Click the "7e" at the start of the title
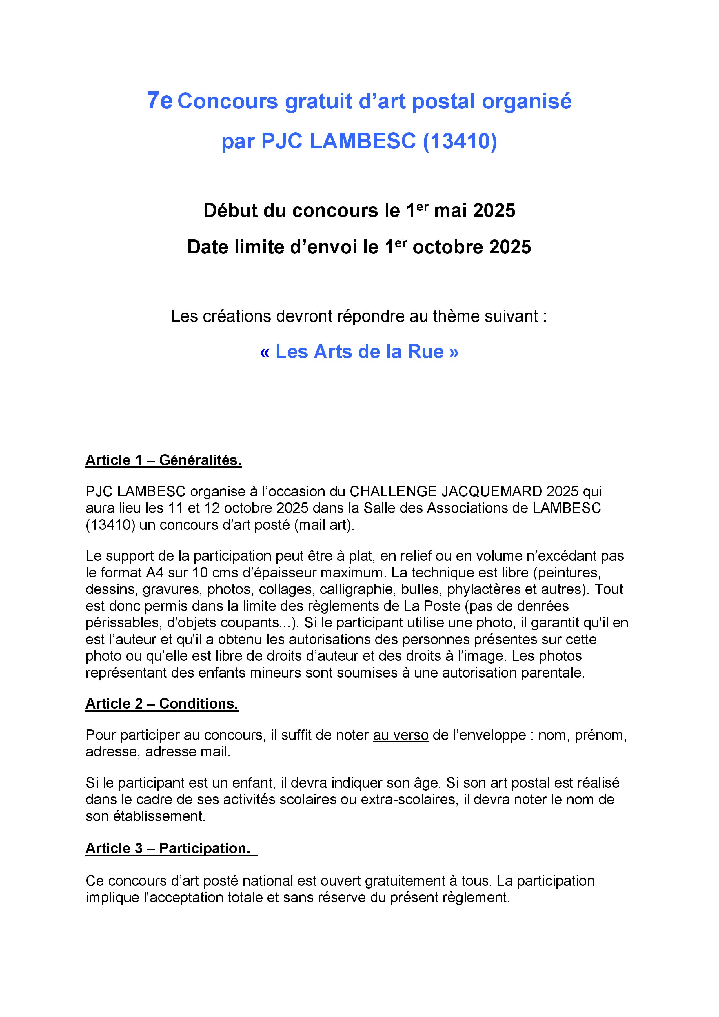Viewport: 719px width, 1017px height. tap(159, 101)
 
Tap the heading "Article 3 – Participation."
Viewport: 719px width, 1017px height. tap(168, 848)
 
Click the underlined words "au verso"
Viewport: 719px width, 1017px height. tap(401, 735)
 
